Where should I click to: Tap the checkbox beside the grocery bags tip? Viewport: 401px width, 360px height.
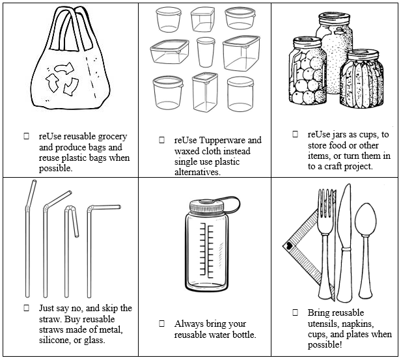[x=26, y=137]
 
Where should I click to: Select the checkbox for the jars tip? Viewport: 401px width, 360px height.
[x=294, y=134]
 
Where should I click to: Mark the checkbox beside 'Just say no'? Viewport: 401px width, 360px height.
[x=26, y=308]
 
